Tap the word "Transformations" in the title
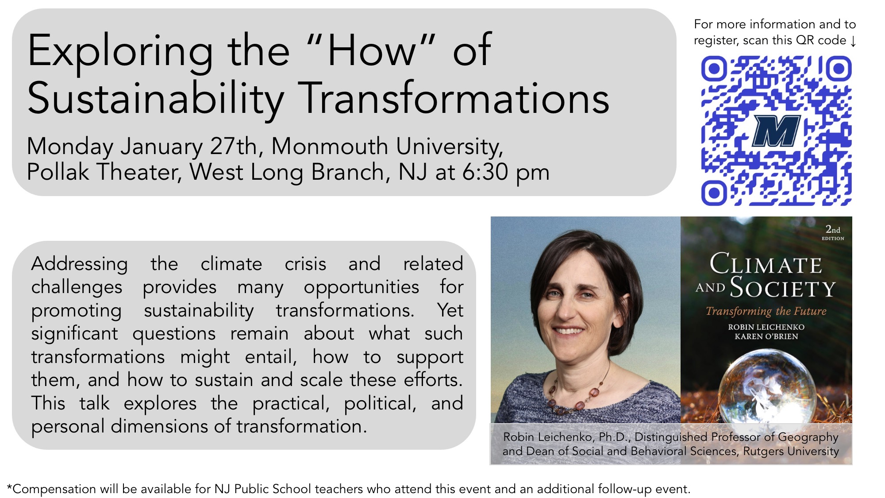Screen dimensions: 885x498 tap(456, 98)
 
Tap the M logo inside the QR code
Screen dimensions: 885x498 tap(776, 131)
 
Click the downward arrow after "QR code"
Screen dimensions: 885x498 tap(853, 41)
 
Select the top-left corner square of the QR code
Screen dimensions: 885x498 tap(713, 69)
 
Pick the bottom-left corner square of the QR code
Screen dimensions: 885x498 tap(713, 193)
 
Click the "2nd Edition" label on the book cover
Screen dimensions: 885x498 tap(833, 232)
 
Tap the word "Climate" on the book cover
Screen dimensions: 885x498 tap(766, 264)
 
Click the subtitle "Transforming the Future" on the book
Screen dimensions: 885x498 tap(766, 311)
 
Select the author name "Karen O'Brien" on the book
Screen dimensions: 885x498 tap(766, 336)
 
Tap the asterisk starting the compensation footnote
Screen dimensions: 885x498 tap(9, 487)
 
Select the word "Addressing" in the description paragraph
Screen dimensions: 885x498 tap(80, 264)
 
